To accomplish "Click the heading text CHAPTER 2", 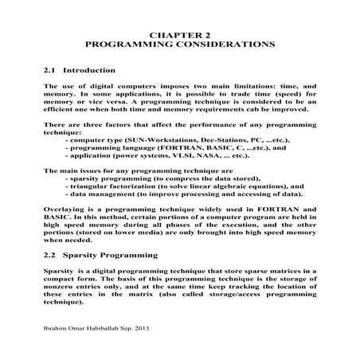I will click(179, 34).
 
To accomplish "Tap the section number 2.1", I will click(51, 70).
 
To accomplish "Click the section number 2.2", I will click(51, 256).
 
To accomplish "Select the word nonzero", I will click(61, 286).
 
